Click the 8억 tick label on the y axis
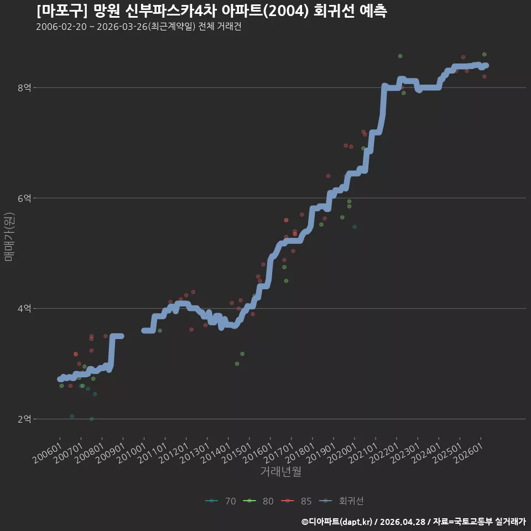tap(24, 88)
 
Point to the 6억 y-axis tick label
tap(24, 198)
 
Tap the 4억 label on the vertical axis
tap(24, 309)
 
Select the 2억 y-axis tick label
tap(24, 419)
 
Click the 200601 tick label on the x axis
tap(48, 453)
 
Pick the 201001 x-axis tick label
tap(132, 453)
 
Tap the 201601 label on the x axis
tap(258, 453)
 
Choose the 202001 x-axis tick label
tap(342, 453)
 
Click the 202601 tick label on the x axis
tap(468, 453)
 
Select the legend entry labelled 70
tap(221, 501)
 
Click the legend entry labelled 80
tap(258, 501)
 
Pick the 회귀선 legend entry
tap(341, 501)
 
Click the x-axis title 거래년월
tap(281, 471)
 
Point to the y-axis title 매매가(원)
tap(9, 237)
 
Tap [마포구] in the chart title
tap(61, 11)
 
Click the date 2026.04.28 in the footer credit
tap(403, 522)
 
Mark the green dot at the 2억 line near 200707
tap(91, 419)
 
